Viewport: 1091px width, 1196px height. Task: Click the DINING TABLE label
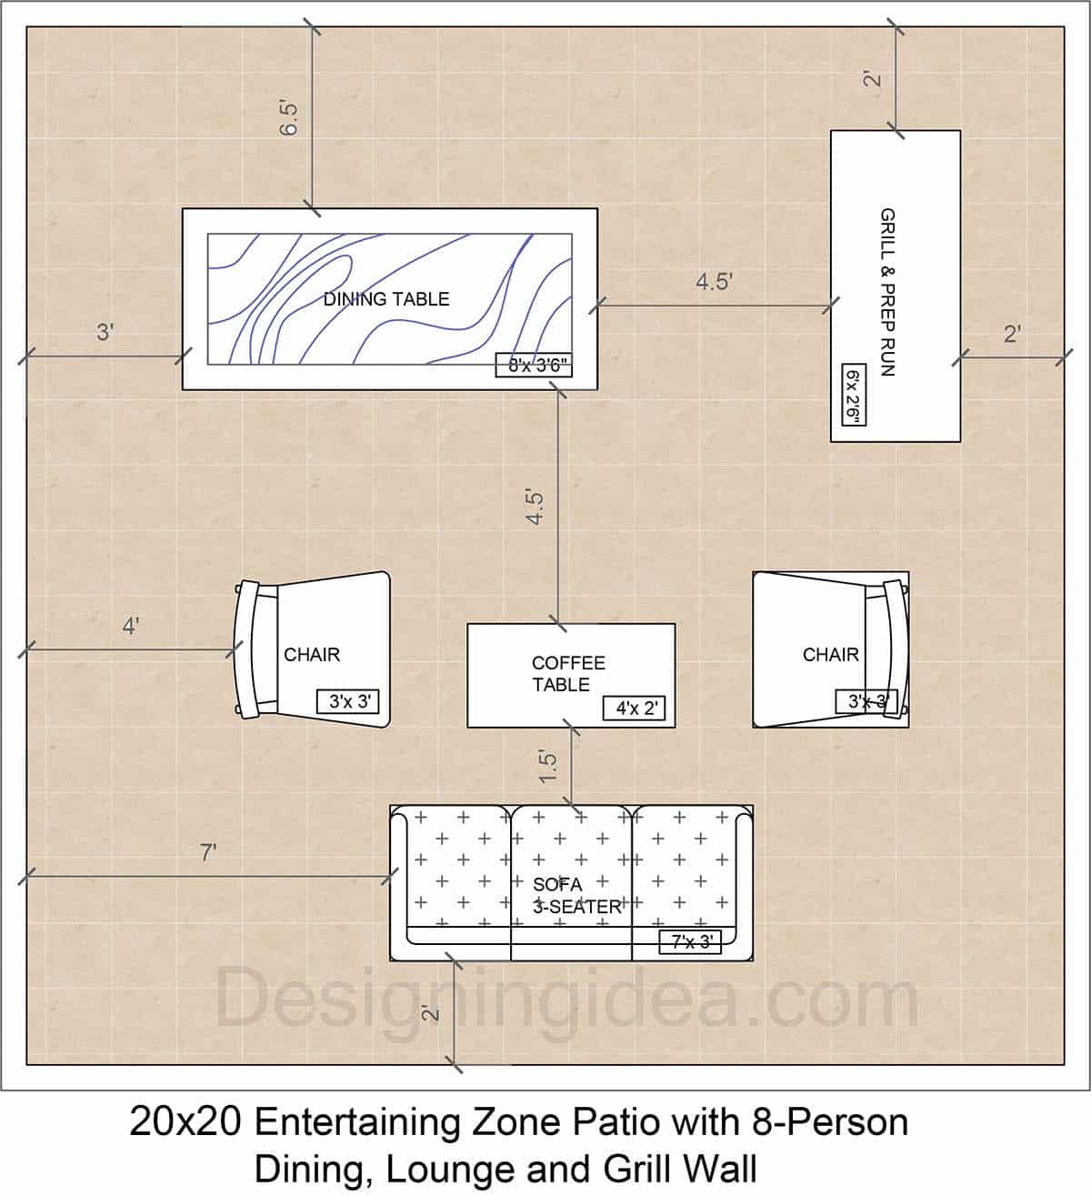[386, 299]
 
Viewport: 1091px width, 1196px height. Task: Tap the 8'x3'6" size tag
[537, 366]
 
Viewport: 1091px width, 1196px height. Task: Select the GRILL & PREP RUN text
[887, 292]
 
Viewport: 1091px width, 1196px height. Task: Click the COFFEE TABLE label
[567, 674]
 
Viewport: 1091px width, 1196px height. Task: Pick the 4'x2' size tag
[635, 709]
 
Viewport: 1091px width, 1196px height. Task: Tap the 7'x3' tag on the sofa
[691, 943]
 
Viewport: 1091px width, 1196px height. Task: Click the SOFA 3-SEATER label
[576, 896]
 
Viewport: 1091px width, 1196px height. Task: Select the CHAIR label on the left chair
[312, 655]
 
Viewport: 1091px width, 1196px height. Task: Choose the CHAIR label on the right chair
[830, 655]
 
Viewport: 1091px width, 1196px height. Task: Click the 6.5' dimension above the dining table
[289, 118]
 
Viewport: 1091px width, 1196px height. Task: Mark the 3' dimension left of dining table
[105, 333]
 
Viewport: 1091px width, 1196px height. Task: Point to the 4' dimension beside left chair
[131, 627]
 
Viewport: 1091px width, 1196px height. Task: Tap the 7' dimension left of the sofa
[208, 853]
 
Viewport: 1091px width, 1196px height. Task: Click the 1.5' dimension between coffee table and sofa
[547, 767]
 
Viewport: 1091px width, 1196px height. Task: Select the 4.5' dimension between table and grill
[715, 282]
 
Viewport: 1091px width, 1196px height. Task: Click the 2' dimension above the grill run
[873, 78]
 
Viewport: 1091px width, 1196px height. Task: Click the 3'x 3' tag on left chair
[347, 702]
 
